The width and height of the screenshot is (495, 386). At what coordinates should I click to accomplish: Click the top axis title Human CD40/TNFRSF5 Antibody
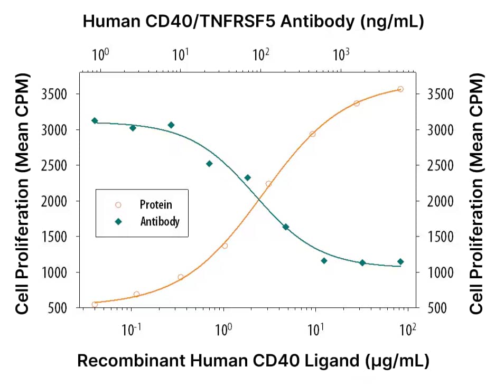254,22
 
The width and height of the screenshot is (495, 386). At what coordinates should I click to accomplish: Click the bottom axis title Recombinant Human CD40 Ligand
253,361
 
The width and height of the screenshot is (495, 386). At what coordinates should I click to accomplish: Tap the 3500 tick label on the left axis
59,94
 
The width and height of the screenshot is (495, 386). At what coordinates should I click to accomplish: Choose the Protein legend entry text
156,204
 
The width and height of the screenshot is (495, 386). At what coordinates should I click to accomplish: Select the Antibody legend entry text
160,221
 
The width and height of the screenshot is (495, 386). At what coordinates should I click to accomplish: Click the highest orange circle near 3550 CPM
400,89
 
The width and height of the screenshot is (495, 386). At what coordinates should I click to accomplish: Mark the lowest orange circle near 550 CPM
95,304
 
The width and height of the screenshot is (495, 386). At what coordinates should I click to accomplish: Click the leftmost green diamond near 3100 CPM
95,121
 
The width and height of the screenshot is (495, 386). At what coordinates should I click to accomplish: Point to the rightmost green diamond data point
400,261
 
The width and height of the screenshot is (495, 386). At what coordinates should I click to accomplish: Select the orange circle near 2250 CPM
268,184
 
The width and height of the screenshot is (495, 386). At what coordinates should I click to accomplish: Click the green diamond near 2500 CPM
209,164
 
